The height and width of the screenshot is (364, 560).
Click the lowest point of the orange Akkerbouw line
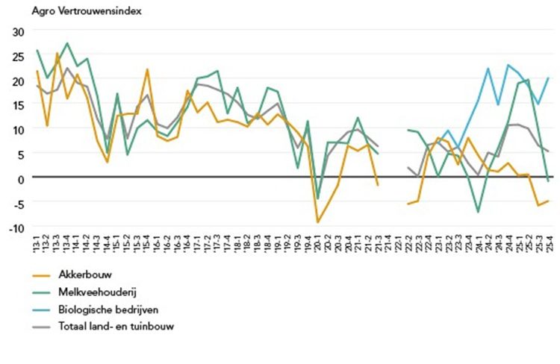click(x=318, y=222)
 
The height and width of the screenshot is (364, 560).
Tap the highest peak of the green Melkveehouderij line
click(x=67, y=43)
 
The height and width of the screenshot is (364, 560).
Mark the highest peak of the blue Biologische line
click(x=508, y=65)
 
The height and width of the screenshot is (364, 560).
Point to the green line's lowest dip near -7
click(x=479, y=213)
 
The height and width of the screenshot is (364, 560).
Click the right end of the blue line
click(x=549, y=78)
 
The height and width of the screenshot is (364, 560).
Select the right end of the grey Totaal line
click(x=549, y=151)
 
